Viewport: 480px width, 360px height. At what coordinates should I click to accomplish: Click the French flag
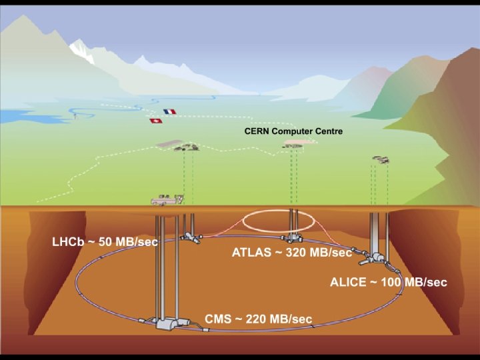[x=169, y=112]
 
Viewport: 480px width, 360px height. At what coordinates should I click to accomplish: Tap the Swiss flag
[x=155, y=121]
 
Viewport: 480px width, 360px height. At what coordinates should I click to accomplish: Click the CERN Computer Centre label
[x=293, y=131]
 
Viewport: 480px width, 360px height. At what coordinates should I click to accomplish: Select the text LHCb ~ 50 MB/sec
[x=105, y=241]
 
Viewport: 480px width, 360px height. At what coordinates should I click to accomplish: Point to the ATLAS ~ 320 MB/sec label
[x=291, y=253]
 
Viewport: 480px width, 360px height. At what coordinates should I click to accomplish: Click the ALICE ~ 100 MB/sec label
[x=388, y=282]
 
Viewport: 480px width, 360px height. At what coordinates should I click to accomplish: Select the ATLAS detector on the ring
[x=291, y=238]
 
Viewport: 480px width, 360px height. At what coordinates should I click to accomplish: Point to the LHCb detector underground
[x=191, y=236]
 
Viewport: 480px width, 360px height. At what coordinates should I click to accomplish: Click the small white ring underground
[x=278, y=221]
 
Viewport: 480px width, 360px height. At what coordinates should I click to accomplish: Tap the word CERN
[x=256, y=131]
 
